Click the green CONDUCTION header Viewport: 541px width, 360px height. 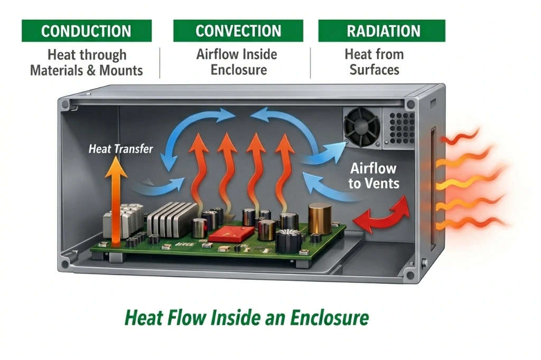(x=87, y=31)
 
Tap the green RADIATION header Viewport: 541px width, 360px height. (x=381, y=31)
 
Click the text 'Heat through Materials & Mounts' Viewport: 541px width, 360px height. (x=87, y=62)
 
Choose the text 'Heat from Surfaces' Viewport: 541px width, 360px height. (x=374, y=62)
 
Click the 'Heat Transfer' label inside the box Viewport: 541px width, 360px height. (x=121, y=148)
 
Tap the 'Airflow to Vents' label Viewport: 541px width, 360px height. (x=374, y=176)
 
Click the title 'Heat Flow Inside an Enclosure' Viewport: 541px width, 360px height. (x=247, y=318)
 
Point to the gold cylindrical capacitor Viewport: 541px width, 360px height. (x=320, y=218)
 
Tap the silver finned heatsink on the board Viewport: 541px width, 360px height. (x=165, y=218)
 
